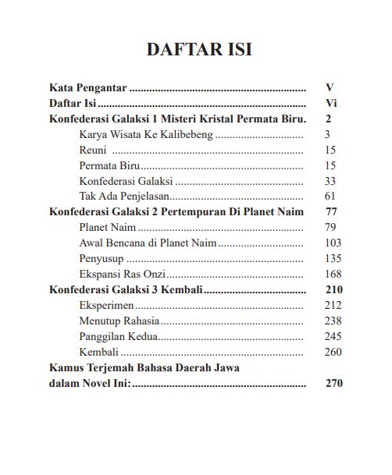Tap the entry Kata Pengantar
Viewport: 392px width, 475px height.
(88, 87)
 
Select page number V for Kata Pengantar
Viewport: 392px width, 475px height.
(330, 87)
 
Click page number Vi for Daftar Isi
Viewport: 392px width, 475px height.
(330, 103)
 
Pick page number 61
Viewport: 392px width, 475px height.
(330, 196)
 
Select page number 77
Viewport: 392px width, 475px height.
(330, 211)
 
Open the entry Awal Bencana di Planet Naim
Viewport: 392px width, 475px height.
(148, 243)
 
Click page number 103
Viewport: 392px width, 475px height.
(333, 243)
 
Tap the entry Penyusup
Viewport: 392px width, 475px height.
(102, 258)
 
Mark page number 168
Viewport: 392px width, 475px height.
(333, 274)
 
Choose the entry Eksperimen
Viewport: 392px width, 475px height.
(106, 305)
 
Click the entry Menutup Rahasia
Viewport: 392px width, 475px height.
(119, 321)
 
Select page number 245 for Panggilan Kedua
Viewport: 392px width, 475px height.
(333, 336)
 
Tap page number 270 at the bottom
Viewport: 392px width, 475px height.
(333, 383)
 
